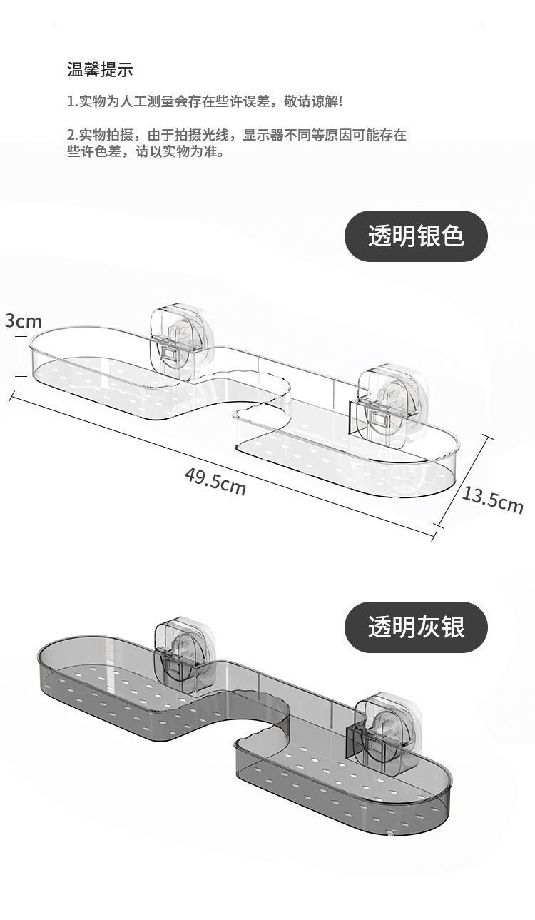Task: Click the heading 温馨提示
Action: (x=100, y=70)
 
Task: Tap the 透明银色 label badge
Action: (x=416, y=236)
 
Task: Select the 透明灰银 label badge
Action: (x=416, y=627)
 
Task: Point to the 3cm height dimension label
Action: (x=24, y=321)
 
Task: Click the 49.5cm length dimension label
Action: (x=215, y=481)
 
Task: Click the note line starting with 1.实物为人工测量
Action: (x=205, y=101)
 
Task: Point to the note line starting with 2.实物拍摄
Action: (x=237, y=135)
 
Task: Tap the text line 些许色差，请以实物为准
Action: (x=146, y=151)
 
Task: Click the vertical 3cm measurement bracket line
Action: (x=21, y=356)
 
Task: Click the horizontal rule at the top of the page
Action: (x=267, y=24)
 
